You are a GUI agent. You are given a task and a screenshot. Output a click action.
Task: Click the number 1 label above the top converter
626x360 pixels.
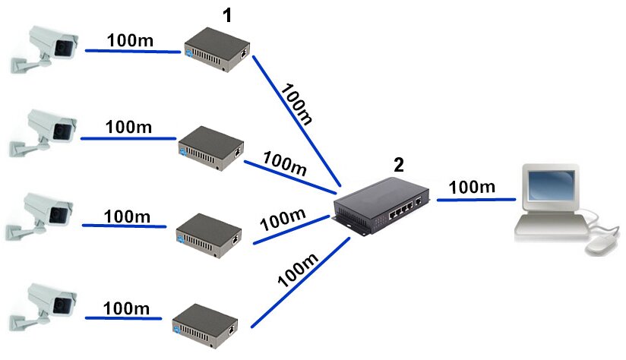[x=227, y=15]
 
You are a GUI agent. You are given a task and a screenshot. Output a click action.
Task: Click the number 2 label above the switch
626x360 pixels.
[x=399, y=165]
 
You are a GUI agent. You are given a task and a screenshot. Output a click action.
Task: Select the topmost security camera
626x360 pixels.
[x=44, y=49]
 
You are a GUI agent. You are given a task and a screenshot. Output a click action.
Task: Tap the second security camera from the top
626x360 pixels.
[x=43, y=132]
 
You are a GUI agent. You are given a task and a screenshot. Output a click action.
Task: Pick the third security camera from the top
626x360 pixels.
[x=40, y=216]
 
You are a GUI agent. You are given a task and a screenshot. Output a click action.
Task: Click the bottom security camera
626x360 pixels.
[x=43, y=307]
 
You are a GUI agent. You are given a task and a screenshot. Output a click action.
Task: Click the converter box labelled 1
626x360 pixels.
[x=217, y=49]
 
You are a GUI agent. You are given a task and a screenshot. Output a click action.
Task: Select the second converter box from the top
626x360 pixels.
[x=211, y=148]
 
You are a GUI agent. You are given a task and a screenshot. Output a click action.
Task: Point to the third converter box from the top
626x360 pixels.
[x=209, y=236]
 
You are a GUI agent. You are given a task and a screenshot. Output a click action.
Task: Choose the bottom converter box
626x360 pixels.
[x=205, y=327]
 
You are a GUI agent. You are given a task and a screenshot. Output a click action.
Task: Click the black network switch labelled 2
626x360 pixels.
[x=381, y=207]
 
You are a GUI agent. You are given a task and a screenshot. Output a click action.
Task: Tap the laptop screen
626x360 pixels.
[x=551, y=185]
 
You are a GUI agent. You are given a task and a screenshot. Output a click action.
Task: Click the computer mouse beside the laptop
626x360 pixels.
[x=601, y=245]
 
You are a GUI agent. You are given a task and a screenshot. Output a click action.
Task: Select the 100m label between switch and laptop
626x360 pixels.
[x=472, y=187]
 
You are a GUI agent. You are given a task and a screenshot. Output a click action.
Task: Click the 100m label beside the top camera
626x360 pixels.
[x=130, y=40]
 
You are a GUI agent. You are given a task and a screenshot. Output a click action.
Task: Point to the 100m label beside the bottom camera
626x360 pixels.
[x=126, y=308]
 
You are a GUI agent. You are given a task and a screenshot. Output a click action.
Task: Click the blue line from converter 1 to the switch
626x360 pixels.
[x=296, y=121]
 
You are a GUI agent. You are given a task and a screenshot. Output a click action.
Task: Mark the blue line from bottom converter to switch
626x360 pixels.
[x=300, y=283]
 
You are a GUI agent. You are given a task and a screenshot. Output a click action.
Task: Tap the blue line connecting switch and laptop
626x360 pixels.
[x=476, y=200]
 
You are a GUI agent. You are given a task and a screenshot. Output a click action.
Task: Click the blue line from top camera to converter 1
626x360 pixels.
[x=133, y=51]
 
